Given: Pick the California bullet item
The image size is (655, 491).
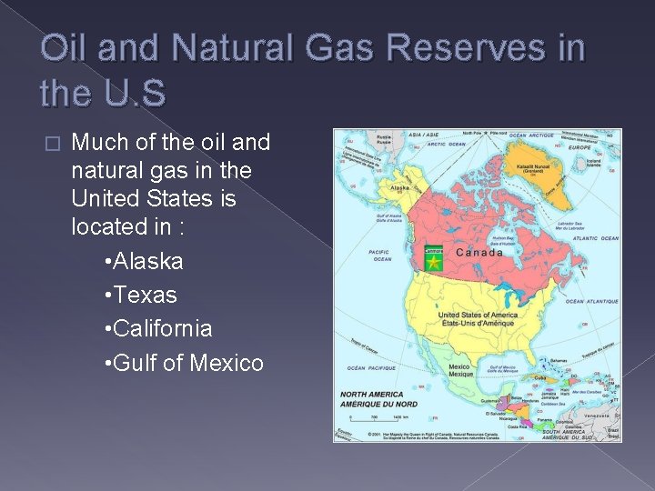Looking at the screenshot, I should click(158, 329).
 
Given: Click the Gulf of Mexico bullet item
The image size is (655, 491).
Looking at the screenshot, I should click(185, 364).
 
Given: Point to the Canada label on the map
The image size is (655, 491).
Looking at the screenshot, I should click(479, 252).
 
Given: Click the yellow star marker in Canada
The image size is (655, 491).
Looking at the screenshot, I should click(434, 263).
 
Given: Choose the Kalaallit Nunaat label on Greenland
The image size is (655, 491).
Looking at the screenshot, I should click(545, 165).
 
